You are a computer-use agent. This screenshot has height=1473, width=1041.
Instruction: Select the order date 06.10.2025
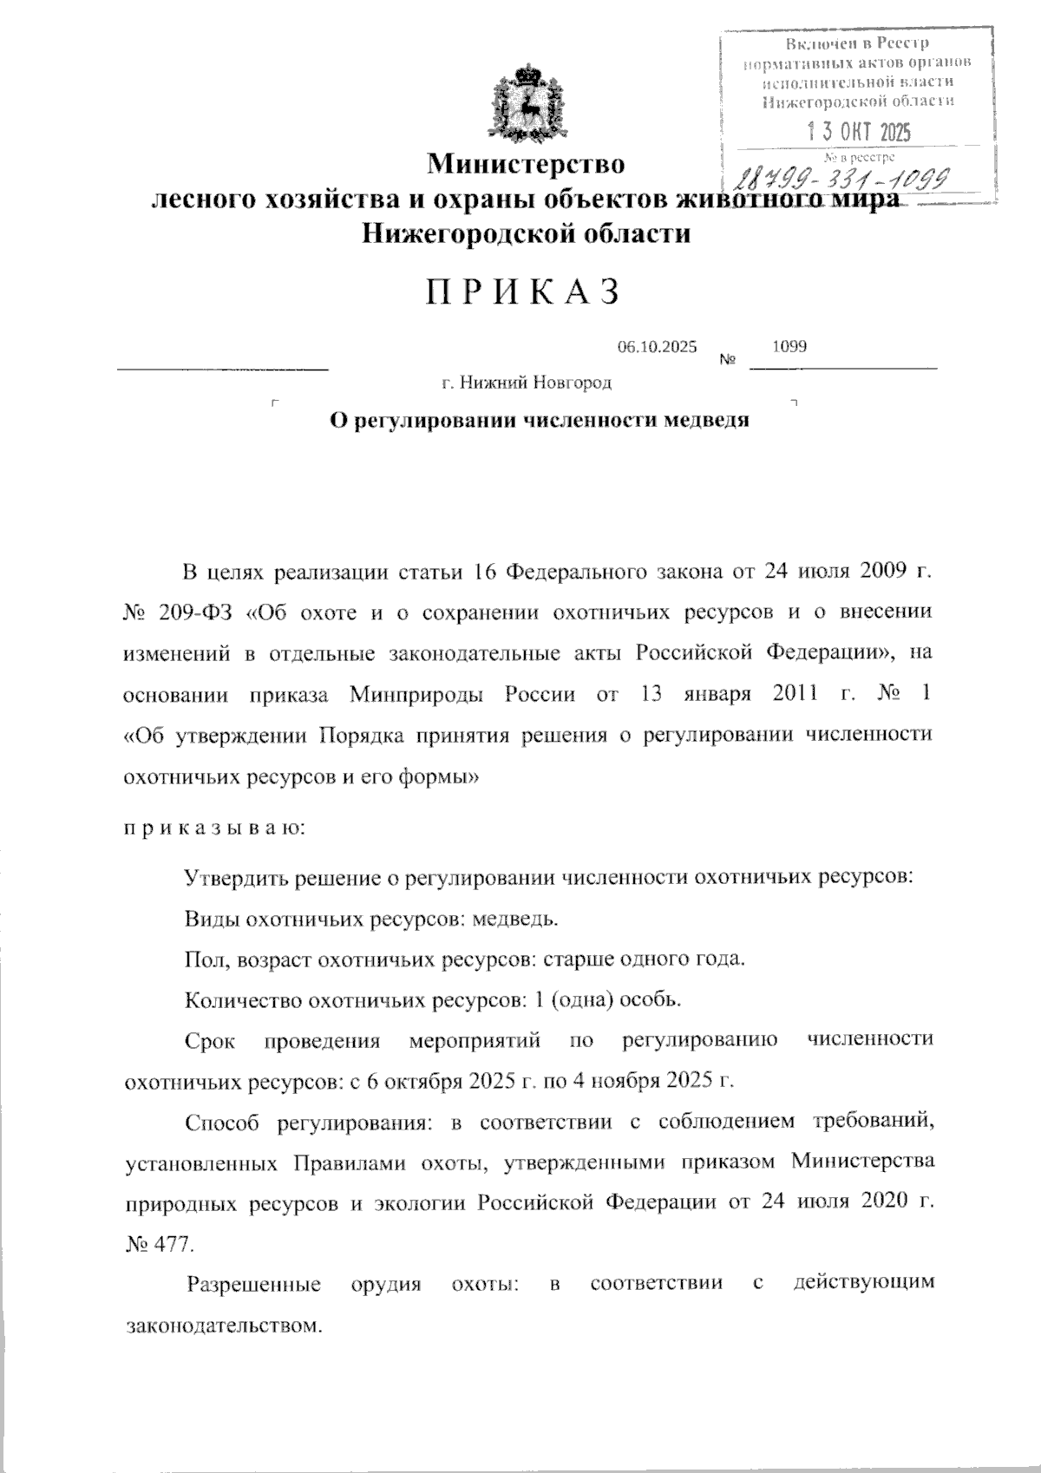tap(657, 347)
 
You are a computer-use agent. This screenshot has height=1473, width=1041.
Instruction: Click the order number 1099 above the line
tap(789, 346)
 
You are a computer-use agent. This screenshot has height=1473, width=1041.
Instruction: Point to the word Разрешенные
tap(254, 1284)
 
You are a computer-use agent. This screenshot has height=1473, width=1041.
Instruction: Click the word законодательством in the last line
tap(218, 1326)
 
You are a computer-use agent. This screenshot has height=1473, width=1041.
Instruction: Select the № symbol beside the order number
tap(729, 359)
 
